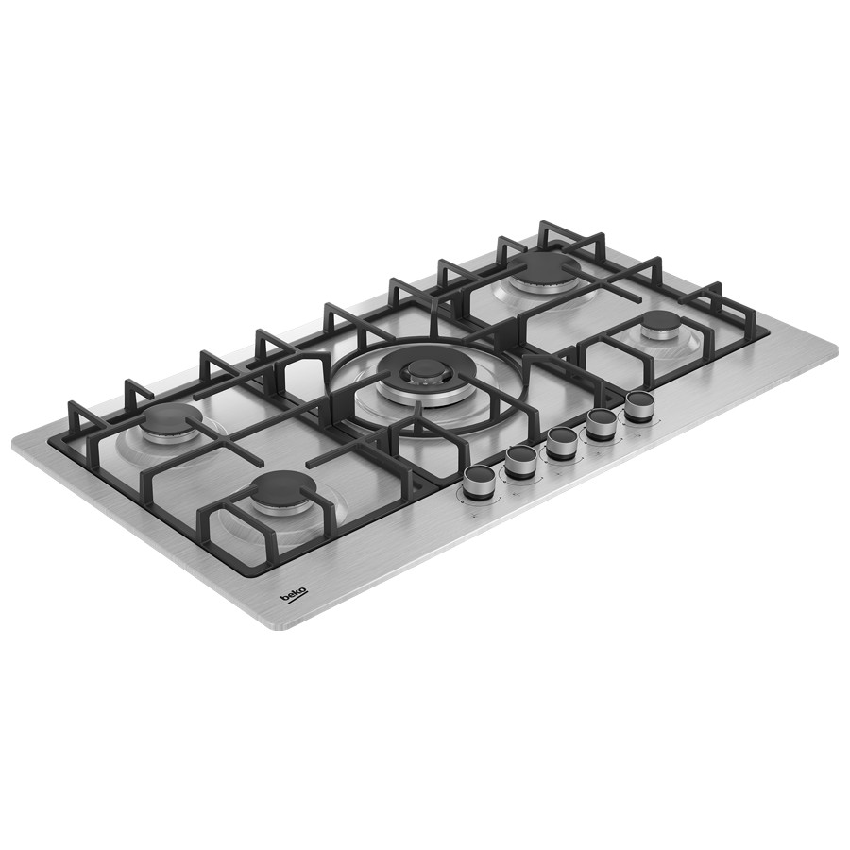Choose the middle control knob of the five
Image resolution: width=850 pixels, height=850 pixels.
(x=560, y=444)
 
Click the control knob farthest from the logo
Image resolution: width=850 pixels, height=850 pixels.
(x=637, y=408)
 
